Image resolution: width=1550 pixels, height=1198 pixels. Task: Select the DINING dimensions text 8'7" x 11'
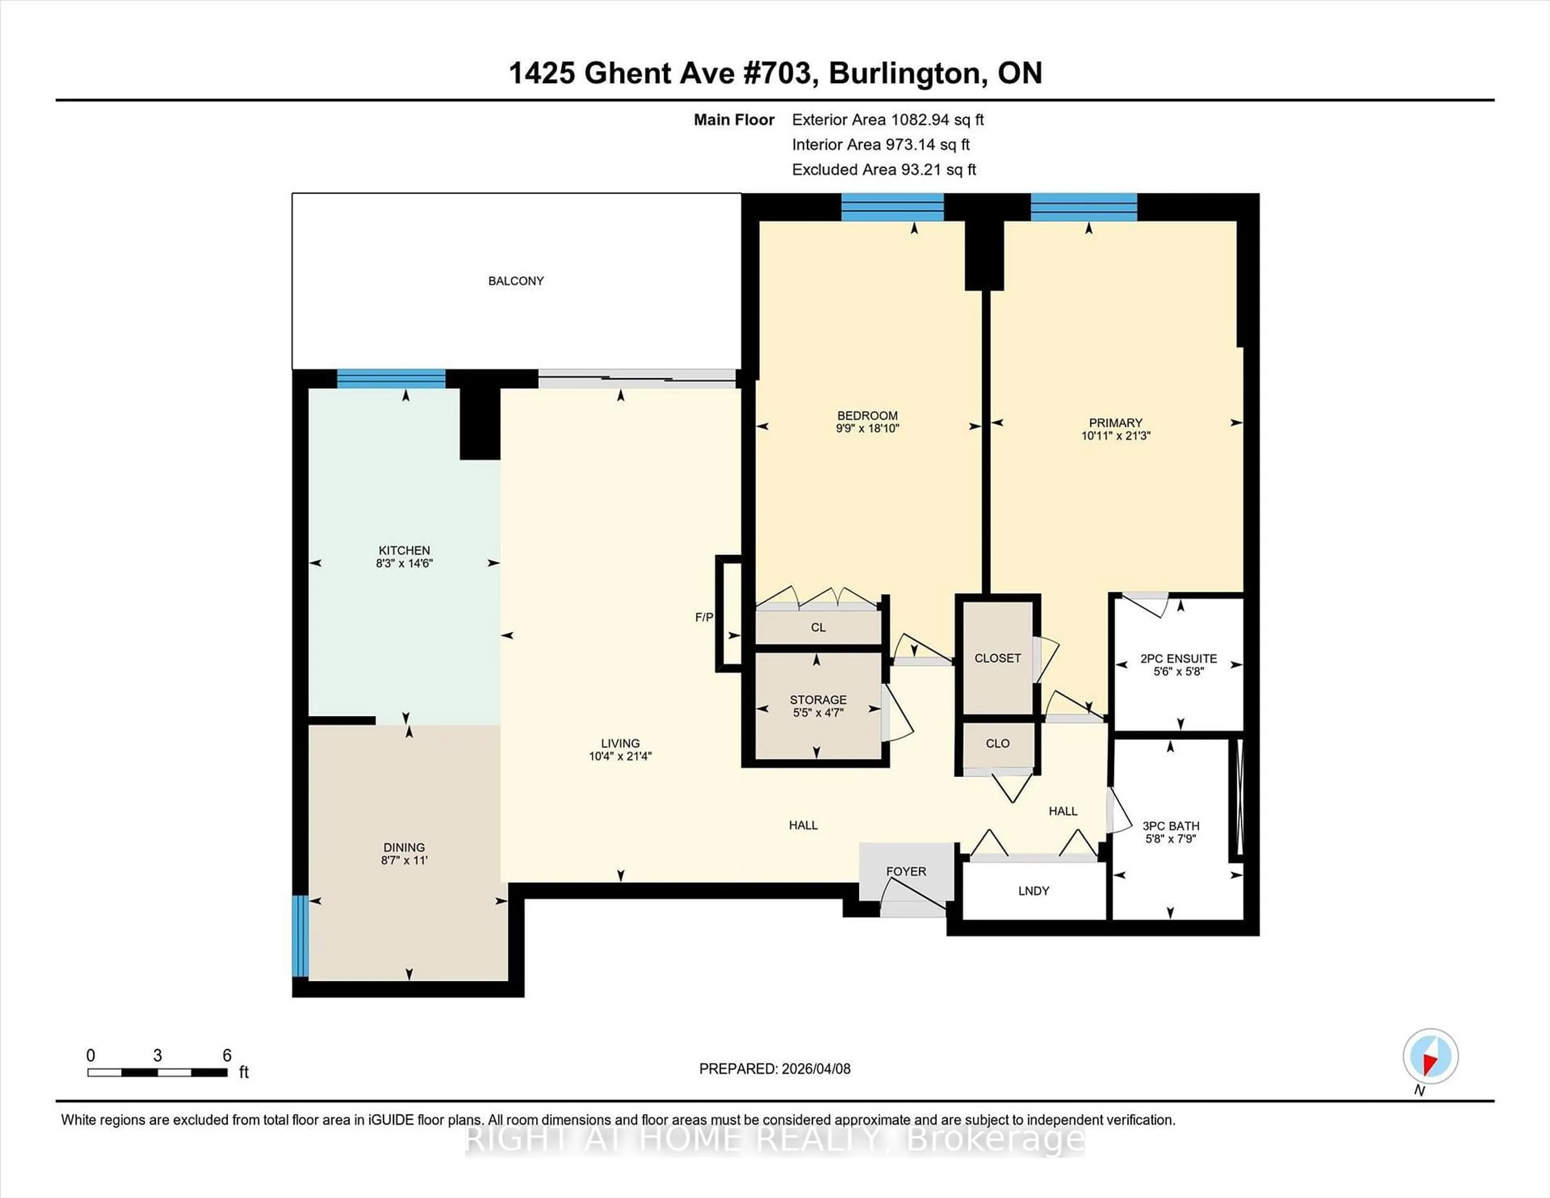tap(404, 860)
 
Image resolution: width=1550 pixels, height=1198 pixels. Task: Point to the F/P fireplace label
tap(703, 618)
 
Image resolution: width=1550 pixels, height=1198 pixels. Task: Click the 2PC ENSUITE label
tap(1178, 659)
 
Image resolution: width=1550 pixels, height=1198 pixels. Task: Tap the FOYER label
tap(906, 871)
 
